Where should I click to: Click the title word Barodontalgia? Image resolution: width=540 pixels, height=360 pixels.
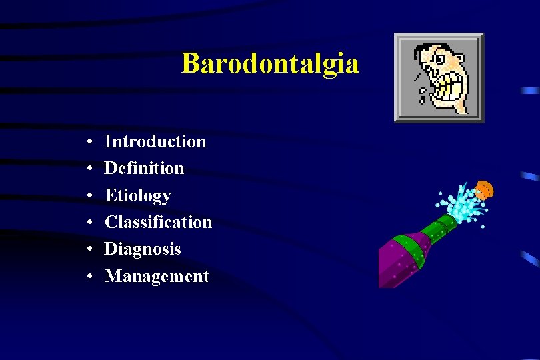click(x=270, y=64)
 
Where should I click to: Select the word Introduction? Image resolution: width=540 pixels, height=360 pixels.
click(x=155, y=141)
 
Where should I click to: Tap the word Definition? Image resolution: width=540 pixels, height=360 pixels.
click(x=144, y=168)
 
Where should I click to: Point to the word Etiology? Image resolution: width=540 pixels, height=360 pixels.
click(x=138, y=195)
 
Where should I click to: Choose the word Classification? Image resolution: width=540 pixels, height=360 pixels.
click(x=158, y=222)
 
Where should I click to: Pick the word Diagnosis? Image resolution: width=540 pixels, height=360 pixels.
click(x=143, y=249)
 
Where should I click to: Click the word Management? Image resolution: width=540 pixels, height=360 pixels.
click(x=157, y=276)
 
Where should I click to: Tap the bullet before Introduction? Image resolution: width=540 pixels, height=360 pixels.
click(x=89, y=142)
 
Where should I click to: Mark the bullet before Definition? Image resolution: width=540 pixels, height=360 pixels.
click(x=89, y=169)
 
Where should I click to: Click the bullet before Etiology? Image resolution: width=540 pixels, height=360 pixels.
click(x=89, y=196)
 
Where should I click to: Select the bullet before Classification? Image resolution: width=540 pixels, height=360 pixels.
click(x=89, y=223)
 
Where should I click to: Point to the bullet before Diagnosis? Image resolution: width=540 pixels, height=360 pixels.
click(x=89, y=249)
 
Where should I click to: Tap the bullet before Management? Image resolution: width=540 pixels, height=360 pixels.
click(x=89, y=277)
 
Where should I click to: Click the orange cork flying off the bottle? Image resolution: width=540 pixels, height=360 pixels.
click(x=484, y=190)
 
